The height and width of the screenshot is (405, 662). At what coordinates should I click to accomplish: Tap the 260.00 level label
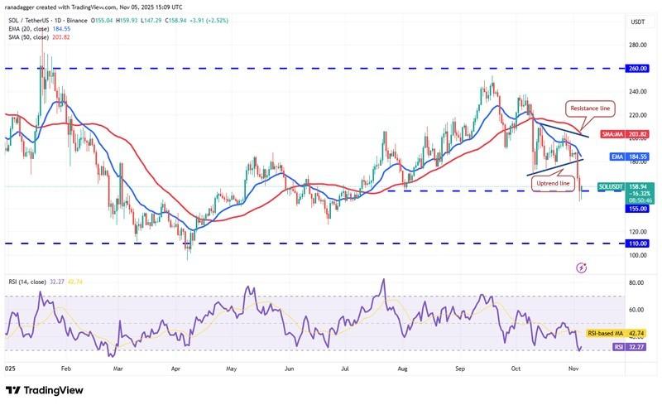click(638, 69)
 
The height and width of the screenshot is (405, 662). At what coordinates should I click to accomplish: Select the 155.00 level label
click(638, 209)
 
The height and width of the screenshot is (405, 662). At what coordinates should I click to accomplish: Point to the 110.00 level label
click(638, 243)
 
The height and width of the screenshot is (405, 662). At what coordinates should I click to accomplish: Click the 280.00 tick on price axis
click(638, 46)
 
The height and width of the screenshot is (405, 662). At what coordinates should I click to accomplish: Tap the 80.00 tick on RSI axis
click(636, 283)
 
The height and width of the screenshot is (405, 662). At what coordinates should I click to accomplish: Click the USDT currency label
click(637, 22)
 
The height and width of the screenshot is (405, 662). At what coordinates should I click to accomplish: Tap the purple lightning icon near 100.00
click(581, 268)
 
